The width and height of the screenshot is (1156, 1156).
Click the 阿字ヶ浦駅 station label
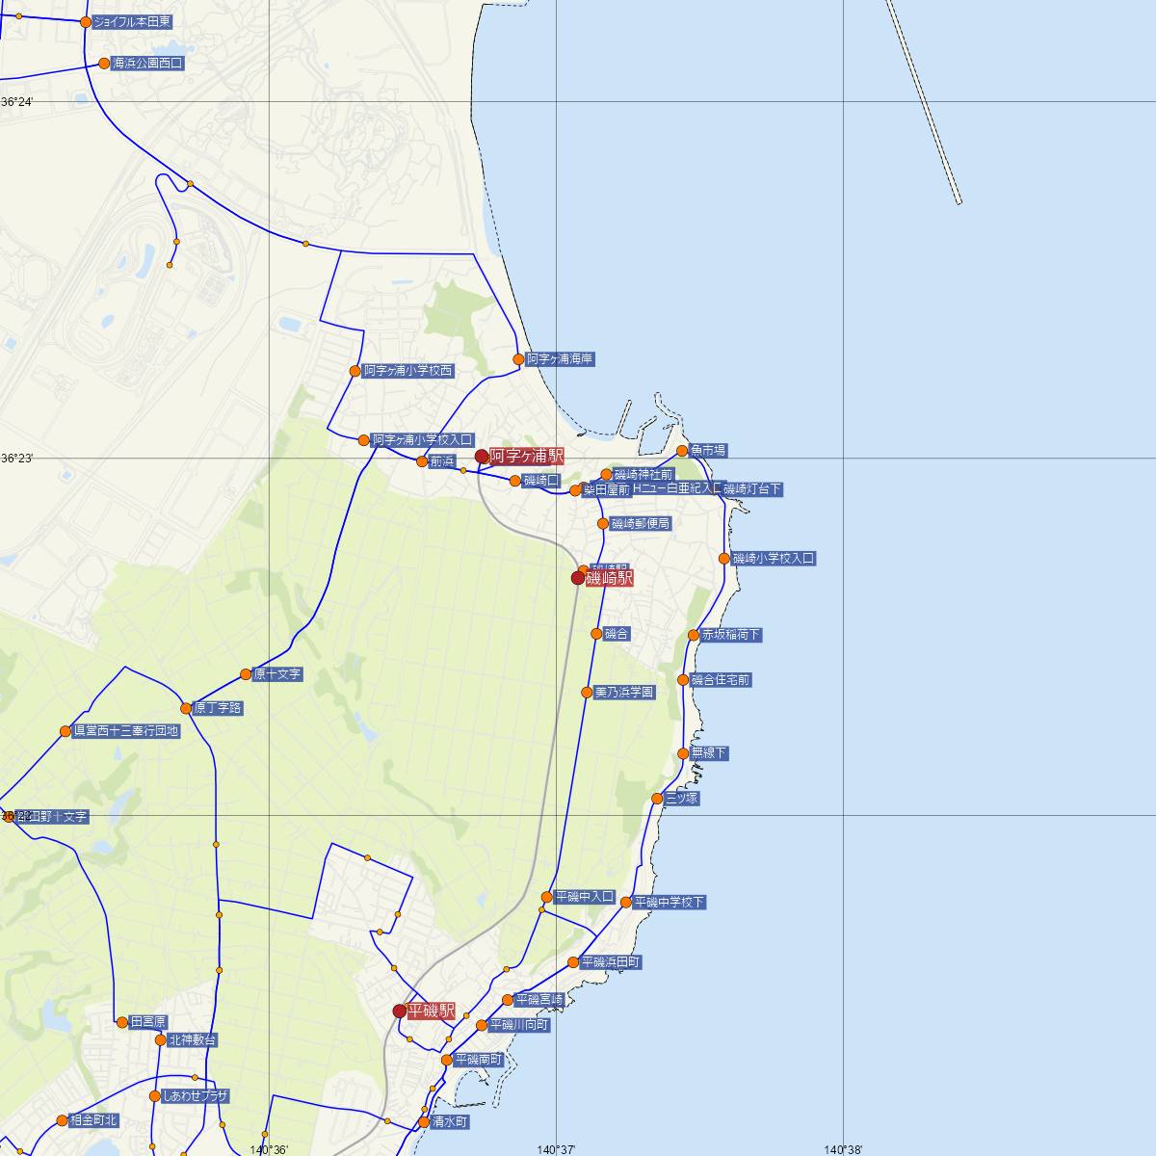[526, 457]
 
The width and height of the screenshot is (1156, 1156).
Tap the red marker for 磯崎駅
[578, 578]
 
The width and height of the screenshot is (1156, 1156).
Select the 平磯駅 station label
[431, 1011]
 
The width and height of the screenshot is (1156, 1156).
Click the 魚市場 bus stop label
[708, 451]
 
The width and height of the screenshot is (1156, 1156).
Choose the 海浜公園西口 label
[147, 64]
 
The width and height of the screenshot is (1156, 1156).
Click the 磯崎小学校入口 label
[774, 559]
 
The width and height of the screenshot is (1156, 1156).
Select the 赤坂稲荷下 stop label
[731, 635]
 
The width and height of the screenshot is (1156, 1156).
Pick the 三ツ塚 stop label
[681, 799]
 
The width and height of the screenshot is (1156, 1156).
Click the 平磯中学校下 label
[670, 903]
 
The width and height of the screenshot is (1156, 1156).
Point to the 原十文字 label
[277, 674]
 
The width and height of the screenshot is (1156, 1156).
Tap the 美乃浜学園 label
[624, 693]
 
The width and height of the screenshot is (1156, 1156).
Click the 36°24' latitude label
[17, 102]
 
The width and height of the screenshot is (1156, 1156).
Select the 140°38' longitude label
[843, 1149]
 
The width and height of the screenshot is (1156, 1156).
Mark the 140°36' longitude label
[269, 1149]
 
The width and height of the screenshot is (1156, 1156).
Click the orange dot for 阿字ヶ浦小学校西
[355, 371]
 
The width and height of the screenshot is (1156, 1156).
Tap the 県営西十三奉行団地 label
[126, 731]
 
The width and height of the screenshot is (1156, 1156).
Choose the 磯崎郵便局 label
[641, 524]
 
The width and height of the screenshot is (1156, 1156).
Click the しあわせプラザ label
[196, 1096]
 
